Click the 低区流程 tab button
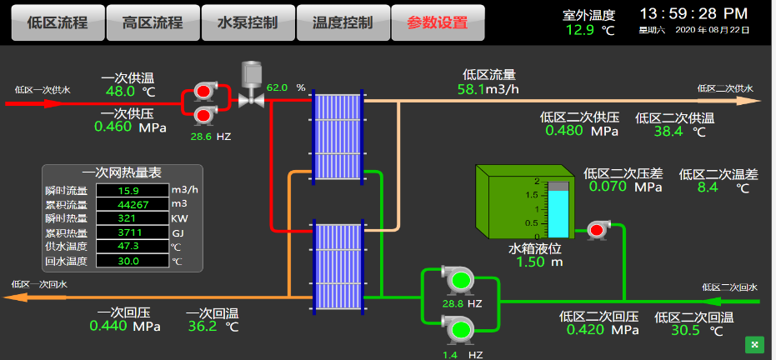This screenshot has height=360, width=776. [x=58, y=22]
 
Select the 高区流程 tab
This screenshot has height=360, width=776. [x=153, y=22]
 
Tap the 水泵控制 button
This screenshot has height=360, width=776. [x=248, y=22]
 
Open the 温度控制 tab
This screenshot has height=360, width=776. [x=343, y=22]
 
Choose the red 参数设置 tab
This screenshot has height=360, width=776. [x=438, y=22]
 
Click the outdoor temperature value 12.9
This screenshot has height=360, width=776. [x=580, y=30]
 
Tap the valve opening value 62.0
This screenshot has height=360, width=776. [x=277, y=88]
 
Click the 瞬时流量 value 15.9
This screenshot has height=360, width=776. [x=133, y=190]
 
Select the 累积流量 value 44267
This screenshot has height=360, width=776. [x=133, y=204]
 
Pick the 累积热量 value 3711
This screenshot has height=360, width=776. [x=133, y=232]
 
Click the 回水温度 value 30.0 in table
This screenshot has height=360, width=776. [x=133, y=261]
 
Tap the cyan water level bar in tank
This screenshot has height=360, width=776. [x=558, y=213]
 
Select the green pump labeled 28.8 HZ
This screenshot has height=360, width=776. [x=461, y=280]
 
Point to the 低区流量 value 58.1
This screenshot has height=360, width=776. [x=472, y=89]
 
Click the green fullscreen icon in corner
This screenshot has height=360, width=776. [x=755, y=345]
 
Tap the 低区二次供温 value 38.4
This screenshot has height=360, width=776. [x=668, y=131]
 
